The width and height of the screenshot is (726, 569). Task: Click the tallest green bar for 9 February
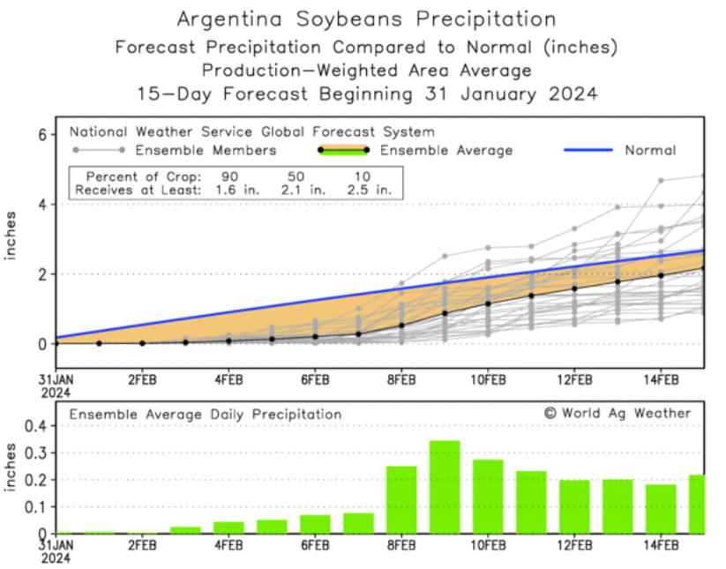pos(445,487)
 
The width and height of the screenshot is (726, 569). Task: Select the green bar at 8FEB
pos(401,499)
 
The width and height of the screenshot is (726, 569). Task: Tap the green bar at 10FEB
pos(488,497)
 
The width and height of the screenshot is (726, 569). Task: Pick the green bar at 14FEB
pos(661,509)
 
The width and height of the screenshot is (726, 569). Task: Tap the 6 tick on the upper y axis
pos(41,134)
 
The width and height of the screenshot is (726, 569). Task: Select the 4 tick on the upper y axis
pos(41,204)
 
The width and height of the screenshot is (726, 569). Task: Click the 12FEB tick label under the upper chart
pos(574,380)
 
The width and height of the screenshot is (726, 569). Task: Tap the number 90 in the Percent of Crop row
pos(229,176)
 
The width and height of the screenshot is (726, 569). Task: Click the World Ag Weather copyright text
pos(617,413)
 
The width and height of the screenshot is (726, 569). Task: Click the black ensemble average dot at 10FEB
pos(488,303)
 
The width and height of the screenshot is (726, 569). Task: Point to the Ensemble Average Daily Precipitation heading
pos(206,414)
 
